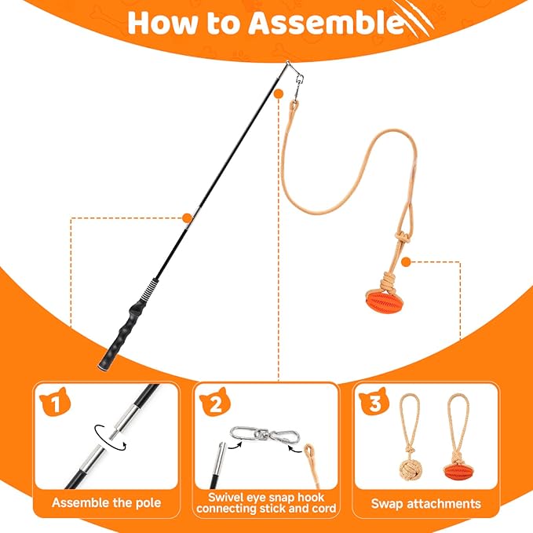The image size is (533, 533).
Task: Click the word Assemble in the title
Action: (x=327, y=23)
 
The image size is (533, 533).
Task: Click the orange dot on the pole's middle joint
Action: (x=188, y=218)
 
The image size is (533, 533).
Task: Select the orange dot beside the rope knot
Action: (x=406, y=261)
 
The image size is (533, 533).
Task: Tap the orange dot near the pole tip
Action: (x=279, y=94)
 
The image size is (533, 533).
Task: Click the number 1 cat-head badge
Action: (x=55, y=402)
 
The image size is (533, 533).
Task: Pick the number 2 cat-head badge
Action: (x=215, y=402)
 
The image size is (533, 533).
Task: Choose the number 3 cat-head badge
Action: (x=374, y=401)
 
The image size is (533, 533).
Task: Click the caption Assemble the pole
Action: (x=107, y=502)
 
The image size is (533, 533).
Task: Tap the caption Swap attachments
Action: (x=426, y=503)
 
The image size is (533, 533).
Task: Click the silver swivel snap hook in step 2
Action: (x=265, y=434)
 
